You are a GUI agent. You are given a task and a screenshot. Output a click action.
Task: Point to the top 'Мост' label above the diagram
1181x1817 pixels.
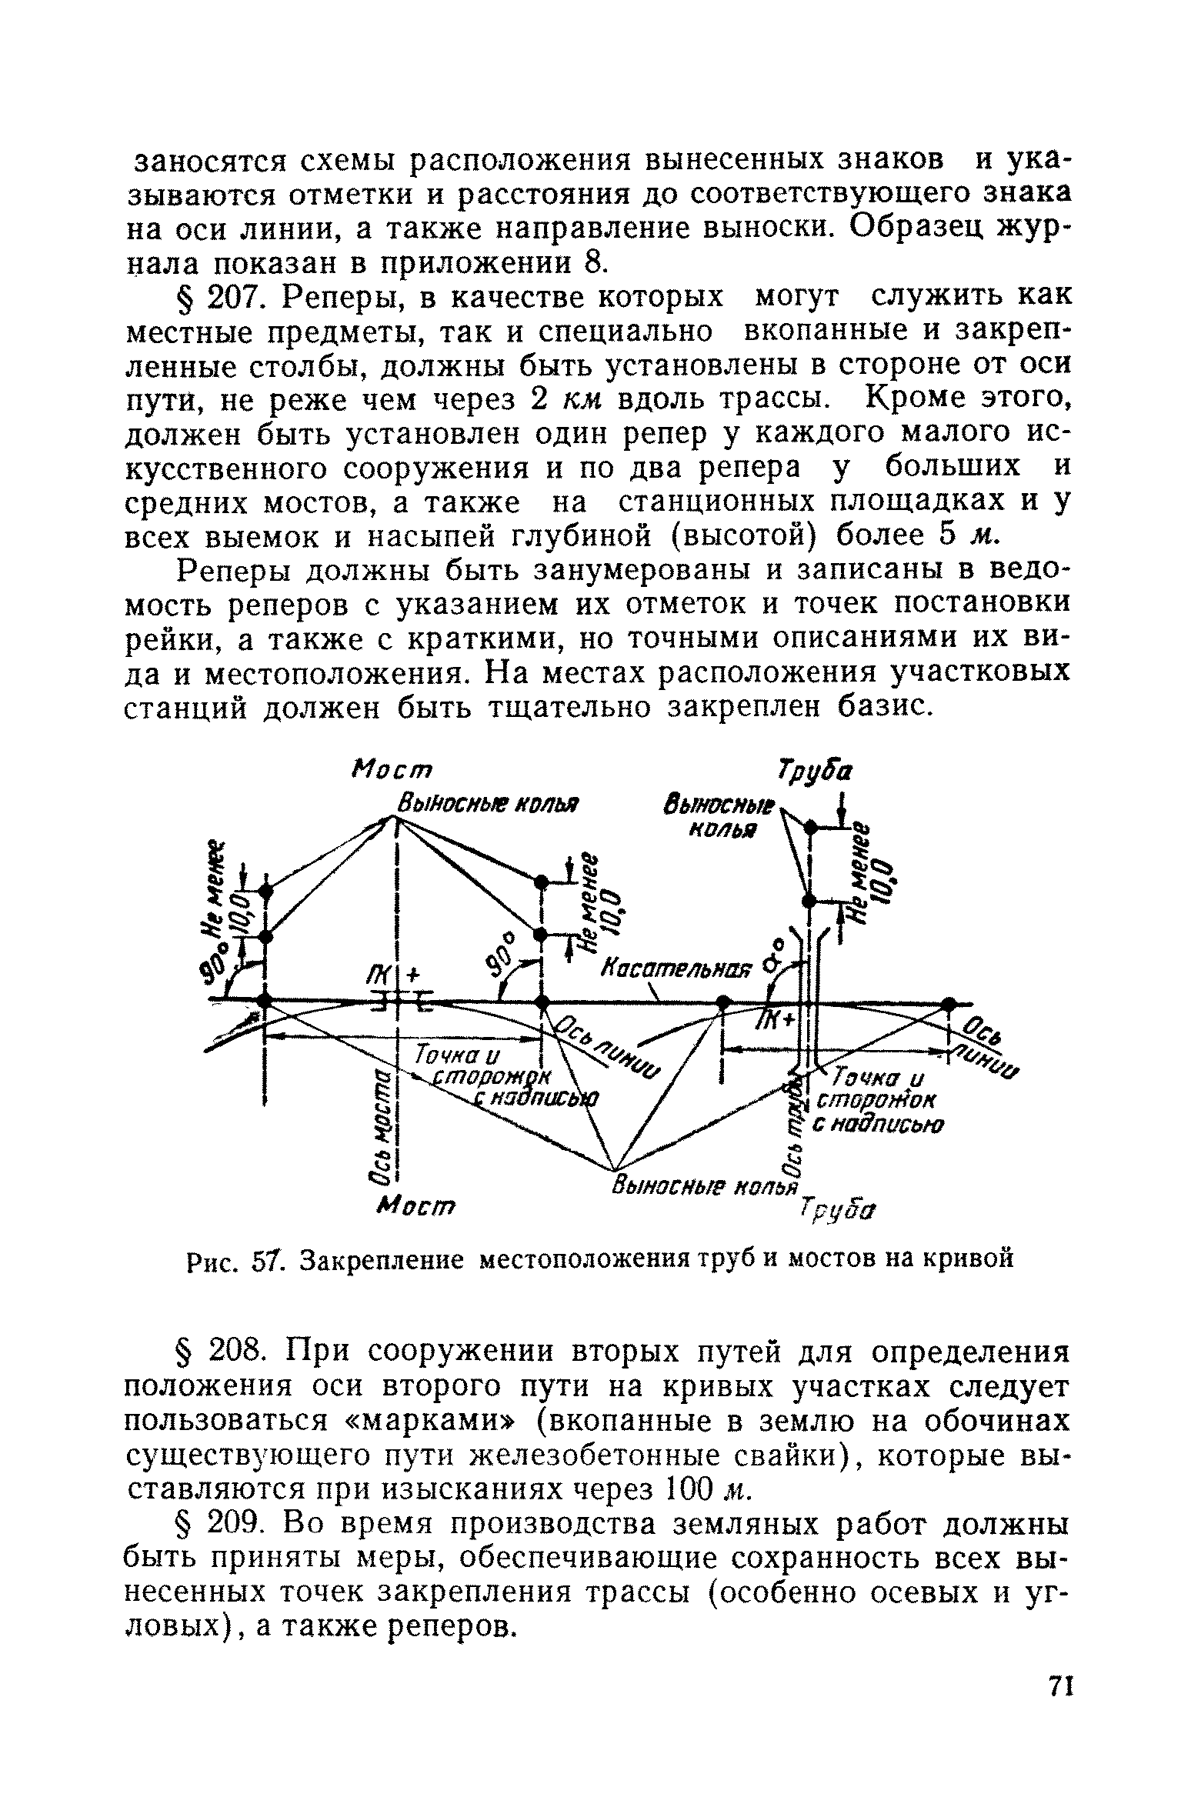392,770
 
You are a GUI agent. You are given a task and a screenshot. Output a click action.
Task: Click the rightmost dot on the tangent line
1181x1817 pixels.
948,1003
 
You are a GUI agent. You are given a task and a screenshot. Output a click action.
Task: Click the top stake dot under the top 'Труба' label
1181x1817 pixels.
809,827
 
